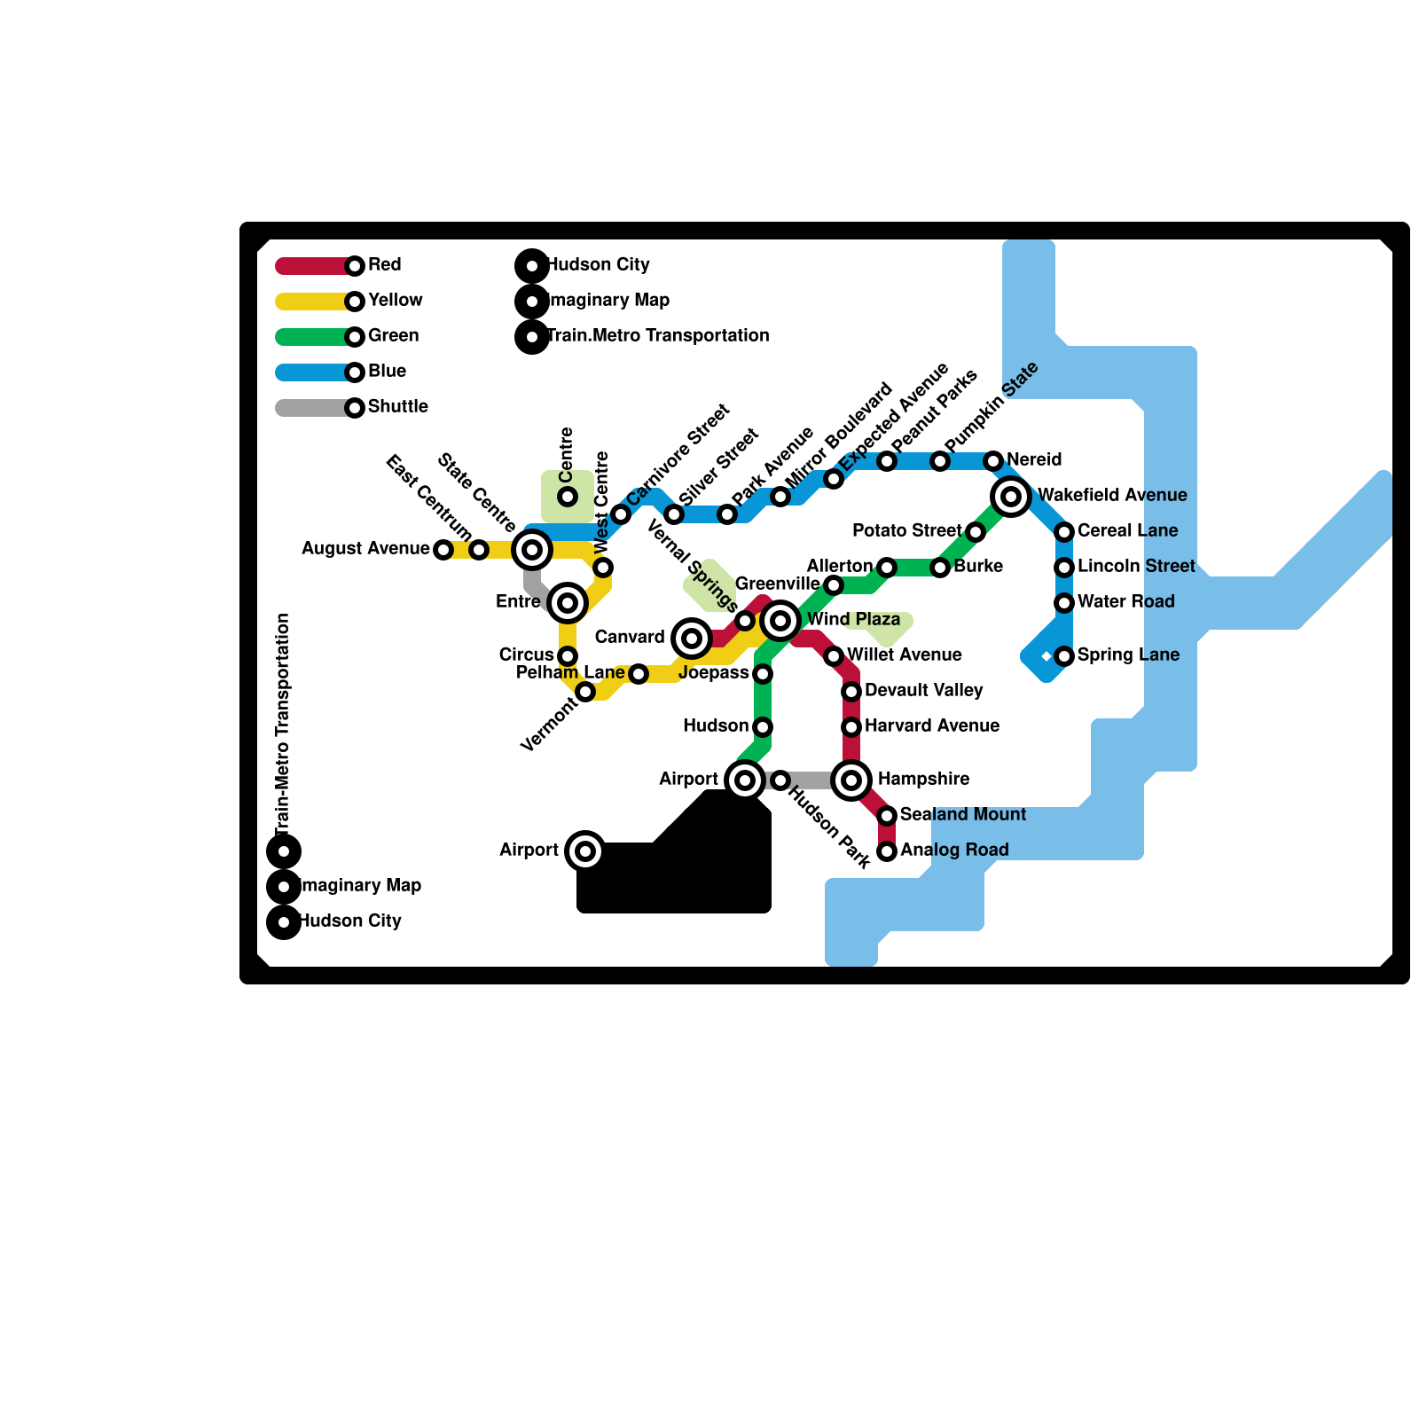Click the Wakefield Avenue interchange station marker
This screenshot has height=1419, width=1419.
point(1011,497)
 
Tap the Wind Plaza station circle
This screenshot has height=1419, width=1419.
point(780,621)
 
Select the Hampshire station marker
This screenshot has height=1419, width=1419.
point(851,780)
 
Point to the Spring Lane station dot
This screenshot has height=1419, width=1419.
point(1064,656)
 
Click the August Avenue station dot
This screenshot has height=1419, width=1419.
point(443,550)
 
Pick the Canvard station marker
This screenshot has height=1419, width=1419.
point(692,639)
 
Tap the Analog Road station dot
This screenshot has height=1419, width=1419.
point(887,851)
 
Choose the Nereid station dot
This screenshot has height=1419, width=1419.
point(993,461)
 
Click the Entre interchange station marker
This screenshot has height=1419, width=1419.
point(568,603)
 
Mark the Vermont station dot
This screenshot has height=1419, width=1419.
point(585,692)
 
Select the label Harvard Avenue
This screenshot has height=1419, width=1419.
point(931,726)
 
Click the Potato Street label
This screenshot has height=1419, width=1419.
point(906,531)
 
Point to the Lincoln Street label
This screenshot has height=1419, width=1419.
point(1135,567)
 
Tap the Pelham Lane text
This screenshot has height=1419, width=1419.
point(569,673)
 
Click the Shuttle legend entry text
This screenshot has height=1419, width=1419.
point(397,407)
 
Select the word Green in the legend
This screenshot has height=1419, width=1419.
point(393,336)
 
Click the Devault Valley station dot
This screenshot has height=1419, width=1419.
point(851,692)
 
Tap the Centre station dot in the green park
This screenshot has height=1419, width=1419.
point(568,497)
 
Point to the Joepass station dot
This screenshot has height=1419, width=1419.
point(763,674)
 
